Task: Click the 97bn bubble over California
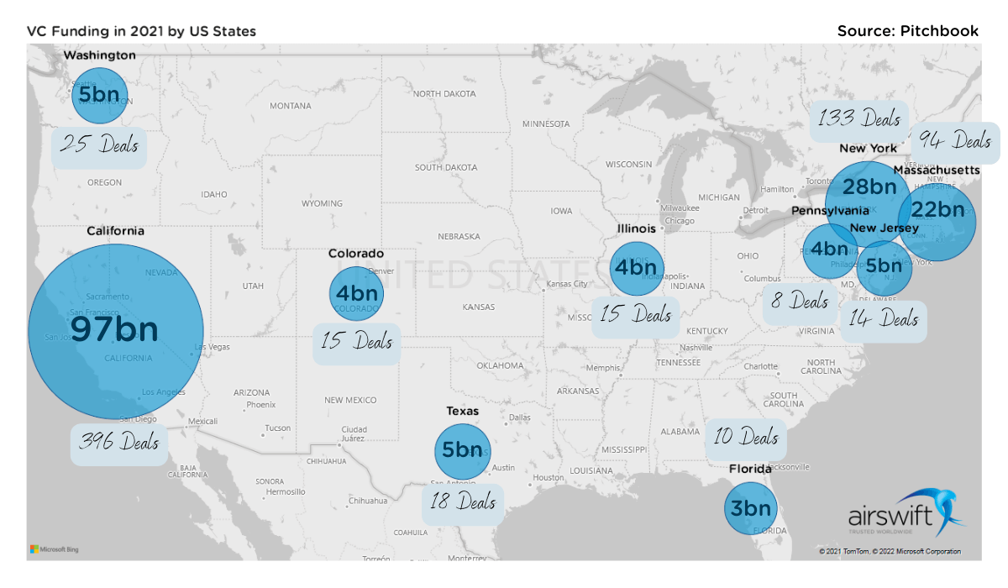pos(116,330)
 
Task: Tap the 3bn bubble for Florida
pos(750,508)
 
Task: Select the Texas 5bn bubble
pos(462,451)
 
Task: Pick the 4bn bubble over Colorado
pos(357,293)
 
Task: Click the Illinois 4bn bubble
pos(637,268)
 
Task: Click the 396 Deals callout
pos(118,440)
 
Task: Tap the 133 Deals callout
pos(858,120)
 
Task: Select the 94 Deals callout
pos(957,142)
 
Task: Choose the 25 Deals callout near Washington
pos(99,147)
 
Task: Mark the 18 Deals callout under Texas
pos(464,503)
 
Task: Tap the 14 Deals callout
pos(884,319)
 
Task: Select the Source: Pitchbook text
pos(907,31)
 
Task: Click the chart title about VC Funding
pos(142,32)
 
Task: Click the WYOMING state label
pos(322,203)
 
